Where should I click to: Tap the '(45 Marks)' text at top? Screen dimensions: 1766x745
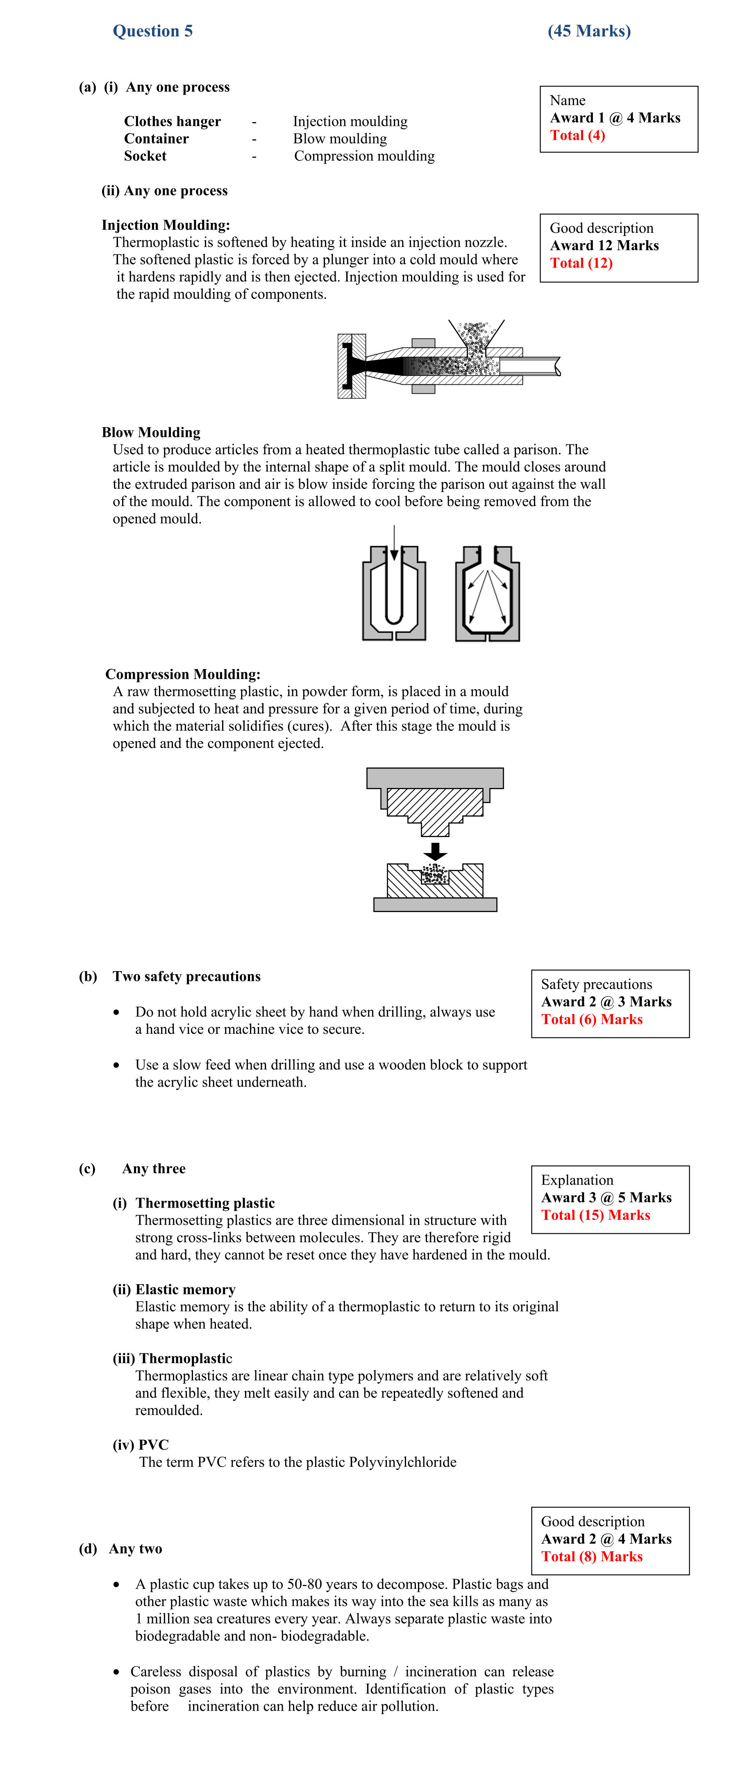(589, 31)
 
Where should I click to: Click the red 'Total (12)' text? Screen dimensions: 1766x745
(581, 263)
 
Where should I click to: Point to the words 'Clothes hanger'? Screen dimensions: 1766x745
(172, 121)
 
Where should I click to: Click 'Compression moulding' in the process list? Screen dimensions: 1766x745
(364, 156)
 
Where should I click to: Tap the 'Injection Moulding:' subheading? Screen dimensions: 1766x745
(166, 225)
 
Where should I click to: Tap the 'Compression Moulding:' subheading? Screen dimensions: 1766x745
(183, 674)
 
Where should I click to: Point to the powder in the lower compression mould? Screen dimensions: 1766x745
(434, 874)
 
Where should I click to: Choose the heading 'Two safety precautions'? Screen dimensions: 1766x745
(186, 977)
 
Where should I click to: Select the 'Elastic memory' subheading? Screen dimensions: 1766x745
(185, 1289)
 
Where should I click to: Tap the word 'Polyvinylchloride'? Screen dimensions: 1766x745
(402, 1462)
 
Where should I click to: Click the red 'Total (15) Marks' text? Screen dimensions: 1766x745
(595, 1215)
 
